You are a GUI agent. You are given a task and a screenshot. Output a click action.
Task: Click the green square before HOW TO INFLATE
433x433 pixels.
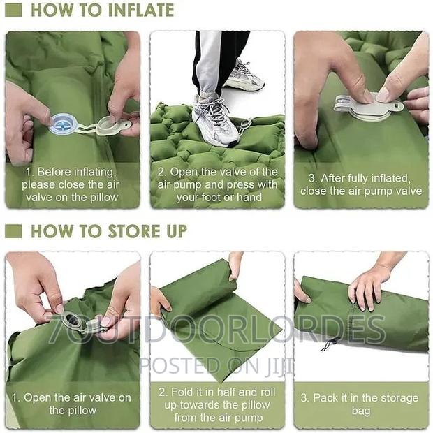coord(13,10)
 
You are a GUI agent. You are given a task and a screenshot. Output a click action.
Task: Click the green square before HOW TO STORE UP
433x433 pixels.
coord(13,231)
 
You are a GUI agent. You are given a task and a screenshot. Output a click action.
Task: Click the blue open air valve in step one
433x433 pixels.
coord(61,124)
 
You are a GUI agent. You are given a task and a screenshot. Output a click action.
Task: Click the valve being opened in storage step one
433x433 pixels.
coord(77,323)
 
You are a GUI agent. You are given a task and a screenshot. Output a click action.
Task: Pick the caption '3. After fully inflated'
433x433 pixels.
coord(361,178)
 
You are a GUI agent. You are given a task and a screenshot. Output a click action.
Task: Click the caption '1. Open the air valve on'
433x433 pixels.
coord(72,397)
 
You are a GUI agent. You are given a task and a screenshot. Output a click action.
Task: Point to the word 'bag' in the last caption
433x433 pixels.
coord(361,411)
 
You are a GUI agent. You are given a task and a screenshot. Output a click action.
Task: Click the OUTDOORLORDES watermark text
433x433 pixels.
coord(230,329)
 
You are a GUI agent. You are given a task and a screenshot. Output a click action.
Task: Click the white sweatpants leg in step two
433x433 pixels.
coord(207,63)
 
